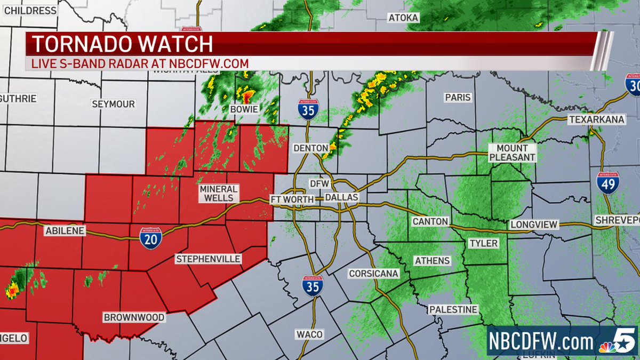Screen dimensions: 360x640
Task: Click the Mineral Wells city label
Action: coord(219,193)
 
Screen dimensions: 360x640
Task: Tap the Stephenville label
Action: coord(209,259)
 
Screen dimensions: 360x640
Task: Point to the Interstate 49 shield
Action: coord(608,183)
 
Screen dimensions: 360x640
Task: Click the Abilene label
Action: coord(65,231)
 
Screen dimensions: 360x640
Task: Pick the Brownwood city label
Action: coord(134,317)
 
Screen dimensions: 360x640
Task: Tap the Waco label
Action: coord(310,334)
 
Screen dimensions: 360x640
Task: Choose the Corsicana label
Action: coord(373,274)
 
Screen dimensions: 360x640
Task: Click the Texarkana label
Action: coord(596,119)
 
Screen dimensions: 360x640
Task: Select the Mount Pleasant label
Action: coord(512,153)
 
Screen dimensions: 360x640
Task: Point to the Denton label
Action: coord(310,148)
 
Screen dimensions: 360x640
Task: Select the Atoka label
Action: coord(403,18)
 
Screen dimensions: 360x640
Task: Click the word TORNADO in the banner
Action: coord(78,43)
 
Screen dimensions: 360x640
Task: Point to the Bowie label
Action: coord(244,109)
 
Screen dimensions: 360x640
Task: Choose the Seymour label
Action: coord(113,104)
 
